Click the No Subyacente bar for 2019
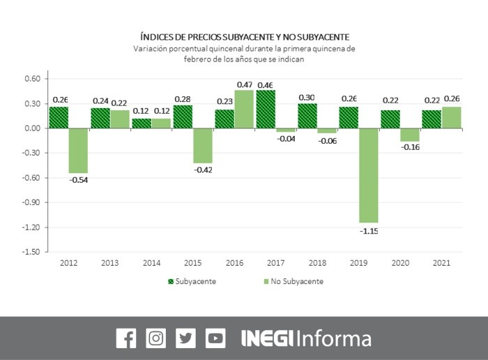(369, 175)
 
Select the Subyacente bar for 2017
(265, 110)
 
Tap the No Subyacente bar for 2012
(78, 151)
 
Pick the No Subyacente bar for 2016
(244, 110)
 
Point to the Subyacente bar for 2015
(183, 117)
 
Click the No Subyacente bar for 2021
(451, 118)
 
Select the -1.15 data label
(369, 231)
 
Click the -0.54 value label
(78, 181)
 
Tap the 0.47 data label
(245, 84)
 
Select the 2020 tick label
(400, 263)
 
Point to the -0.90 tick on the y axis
(32, 202)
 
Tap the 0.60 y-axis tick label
(32, 79)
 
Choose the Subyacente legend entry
(192, 282)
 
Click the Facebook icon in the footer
(125, 338)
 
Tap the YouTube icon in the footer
(215, 338)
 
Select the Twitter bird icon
(185, 338)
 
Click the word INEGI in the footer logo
(268, 339)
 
